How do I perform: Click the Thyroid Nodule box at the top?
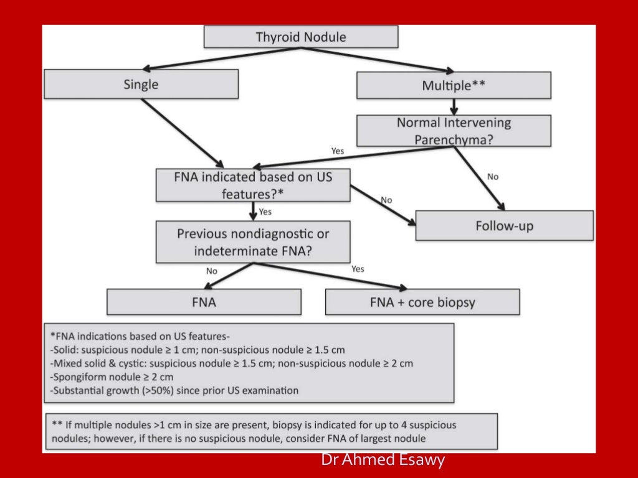[301, 37]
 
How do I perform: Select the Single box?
[141, 84]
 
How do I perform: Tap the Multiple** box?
[453, 85]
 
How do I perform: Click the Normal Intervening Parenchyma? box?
[453, 131]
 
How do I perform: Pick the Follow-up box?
[504, 225]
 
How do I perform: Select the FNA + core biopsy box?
[422, 302]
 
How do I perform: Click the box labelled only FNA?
[204, 302]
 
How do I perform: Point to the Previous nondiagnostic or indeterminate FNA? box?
[253, 243]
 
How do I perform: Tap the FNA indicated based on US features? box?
[253, 185]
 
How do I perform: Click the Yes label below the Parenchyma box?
[337, 151]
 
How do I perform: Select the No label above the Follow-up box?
[493, 177]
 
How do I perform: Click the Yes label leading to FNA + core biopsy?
[358, 269]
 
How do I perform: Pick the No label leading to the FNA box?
[211, 271]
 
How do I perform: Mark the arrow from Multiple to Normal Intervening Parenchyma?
[454, 106]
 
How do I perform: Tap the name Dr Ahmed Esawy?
[383, 461]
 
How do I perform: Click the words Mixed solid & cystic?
[100, 363]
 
